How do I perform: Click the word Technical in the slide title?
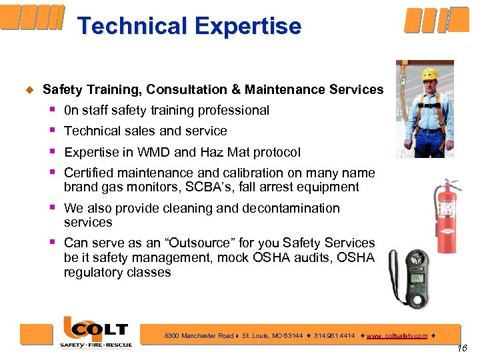click(132, 27)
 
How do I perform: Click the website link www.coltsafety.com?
click(397, 336)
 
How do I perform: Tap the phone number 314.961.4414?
click(334, 336)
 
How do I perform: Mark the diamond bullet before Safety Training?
click(29, 89)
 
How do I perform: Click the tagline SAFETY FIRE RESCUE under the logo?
click(97, 345)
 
